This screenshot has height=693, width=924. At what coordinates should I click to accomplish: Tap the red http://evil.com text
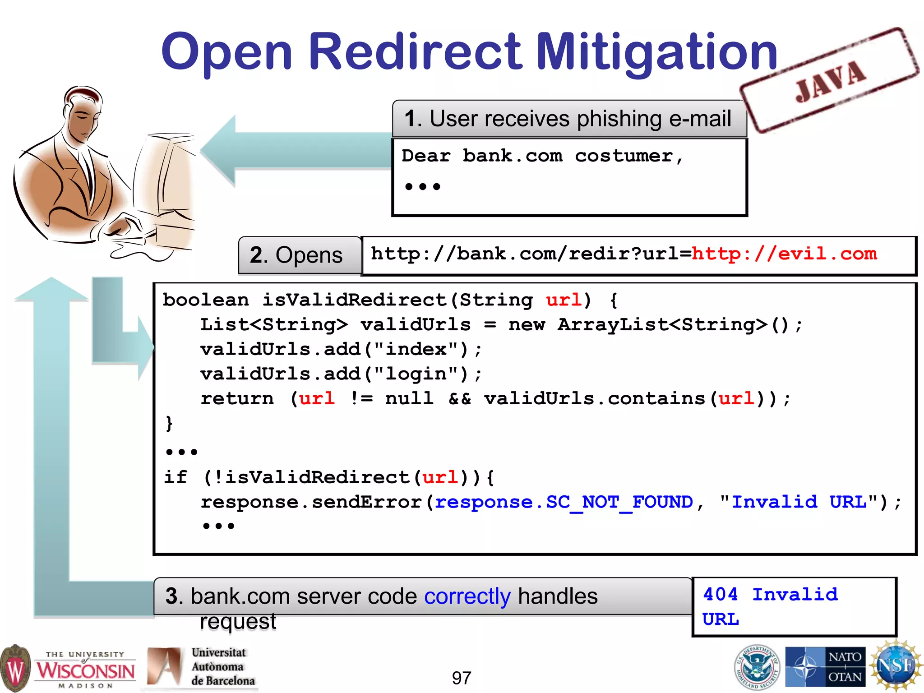tap(784, 254)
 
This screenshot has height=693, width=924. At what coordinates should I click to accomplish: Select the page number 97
tap(461, 678)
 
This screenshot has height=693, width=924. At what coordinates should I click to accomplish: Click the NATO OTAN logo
tap(825, 667)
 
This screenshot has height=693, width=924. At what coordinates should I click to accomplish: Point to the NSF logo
tap(896, 666)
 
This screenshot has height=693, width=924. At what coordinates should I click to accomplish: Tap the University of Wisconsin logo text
tap(85, 670)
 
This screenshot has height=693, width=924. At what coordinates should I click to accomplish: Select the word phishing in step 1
tap(619, 119)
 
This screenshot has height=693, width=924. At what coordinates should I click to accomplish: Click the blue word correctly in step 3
tap(467, 596)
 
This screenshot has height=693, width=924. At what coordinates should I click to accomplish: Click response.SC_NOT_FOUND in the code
tap(564, 502)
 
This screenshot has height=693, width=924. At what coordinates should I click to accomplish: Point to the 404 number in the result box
tap(720, 594)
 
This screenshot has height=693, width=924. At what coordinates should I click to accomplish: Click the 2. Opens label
tap(296, 255)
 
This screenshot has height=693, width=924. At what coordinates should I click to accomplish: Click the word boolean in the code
tap(206, 300)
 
